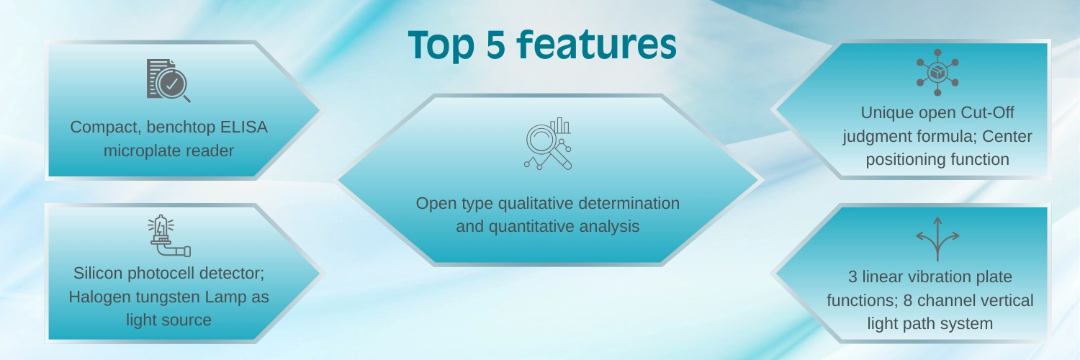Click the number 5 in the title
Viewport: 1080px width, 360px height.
point(495,45)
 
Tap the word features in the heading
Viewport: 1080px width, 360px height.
point(597,44)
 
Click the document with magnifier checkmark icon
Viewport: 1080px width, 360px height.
point(168,81)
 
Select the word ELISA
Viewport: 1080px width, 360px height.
point(243,127)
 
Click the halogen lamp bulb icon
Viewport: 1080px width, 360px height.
point(169,235)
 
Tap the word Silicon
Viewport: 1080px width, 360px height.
point(99,274)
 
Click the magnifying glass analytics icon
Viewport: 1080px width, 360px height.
point(548,143)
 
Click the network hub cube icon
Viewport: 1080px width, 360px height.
point(937,72)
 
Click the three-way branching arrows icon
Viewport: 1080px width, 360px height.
point(937,239)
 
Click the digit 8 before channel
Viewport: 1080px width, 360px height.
point(908,301)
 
